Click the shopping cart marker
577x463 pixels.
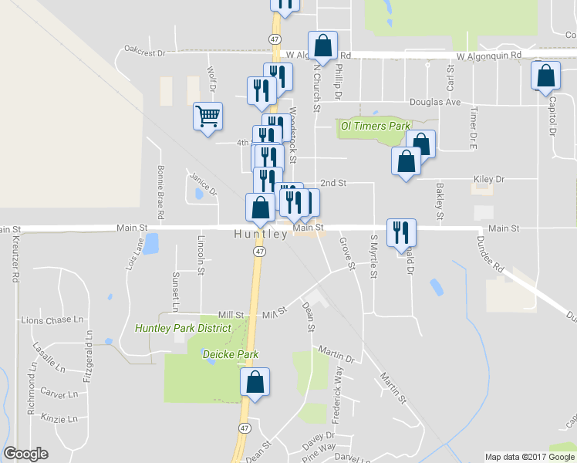[208, 117]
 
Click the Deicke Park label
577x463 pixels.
[230, 354]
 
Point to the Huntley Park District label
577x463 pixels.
[183, 328]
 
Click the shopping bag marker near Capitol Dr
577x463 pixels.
[545, 76]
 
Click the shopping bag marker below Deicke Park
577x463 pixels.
[255, 383]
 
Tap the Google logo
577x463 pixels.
[26, 454]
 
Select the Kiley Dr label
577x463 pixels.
[489, 179]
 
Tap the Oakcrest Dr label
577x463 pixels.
[145, 52]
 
